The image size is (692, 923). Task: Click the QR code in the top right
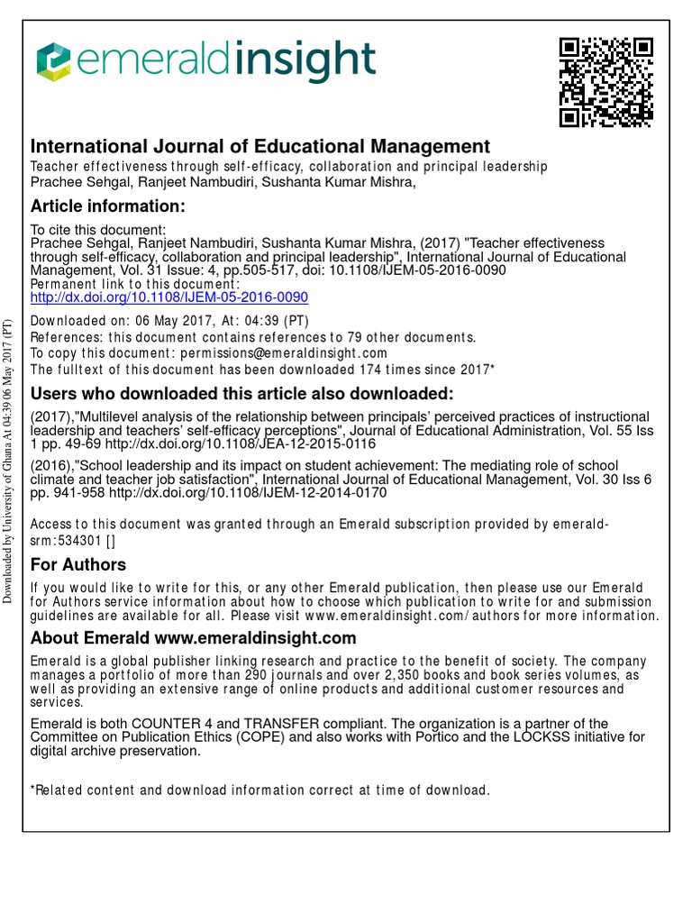pyautogui.click(x=605, y=83)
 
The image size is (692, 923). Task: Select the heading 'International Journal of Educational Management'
pyautogui.click(x=260, y=146)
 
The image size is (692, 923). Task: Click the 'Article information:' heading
pyautogui.click(x=108, y=207)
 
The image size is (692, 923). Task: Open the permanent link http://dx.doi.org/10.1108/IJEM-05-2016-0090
pyautogui.click(x=169, y=297)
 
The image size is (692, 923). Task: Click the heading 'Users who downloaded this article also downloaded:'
pyautogui.click(x=242, y=395)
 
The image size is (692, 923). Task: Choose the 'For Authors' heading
pyautogui.click(x=78, y=565)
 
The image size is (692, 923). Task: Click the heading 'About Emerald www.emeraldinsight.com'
pyautogui.click(x=194, y=638)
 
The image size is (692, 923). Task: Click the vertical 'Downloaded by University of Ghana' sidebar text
pyautogui.click(x=8, y=460)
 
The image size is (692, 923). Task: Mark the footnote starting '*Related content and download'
pyautogui.click(x=260, y=790)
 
